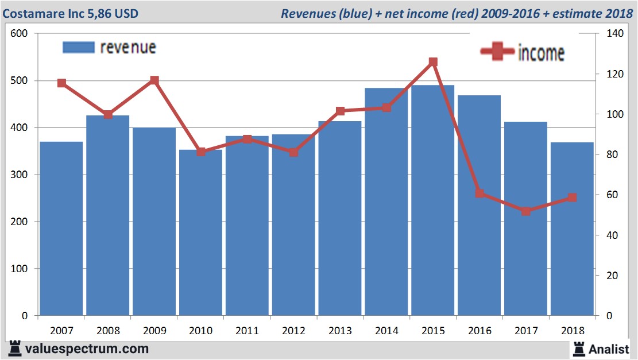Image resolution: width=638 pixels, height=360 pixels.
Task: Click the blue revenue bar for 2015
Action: coord(433,201)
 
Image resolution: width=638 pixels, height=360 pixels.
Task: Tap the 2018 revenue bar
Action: coord(572,230)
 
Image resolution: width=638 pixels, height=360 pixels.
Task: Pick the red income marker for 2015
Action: coord(433,62)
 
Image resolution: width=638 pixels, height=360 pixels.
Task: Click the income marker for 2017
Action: coord(526,211)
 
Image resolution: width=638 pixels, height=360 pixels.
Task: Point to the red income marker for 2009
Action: coord(154,80)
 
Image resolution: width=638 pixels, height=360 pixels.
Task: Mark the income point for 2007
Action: coord(61,83)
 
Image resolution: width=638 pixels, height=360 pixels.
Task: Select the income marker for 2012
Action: coord(293,152)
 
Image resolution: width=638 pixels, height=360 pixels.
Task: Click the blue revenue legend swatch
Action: coord(78,48)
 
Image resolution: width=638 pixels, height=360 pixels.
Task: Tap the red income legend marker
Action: coord(497,52)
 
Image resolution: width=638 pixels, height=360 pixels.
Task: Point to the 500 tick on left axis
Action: coord(20,81)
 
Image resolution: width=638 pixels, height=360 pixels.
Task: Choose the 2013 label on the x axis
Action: coord(340,331)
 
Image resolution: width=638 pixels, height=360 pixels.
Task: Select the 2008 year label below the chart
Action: coord(108,331)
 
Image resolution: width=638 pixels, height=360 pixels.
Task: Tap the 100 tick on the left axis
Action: coord(20,269)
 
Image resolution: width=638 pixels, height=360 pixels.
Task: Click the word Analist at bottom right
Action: coord(609,349)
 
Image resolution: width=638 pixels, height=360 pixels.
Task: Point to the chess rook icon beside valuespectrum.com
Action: coord(15,349)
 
